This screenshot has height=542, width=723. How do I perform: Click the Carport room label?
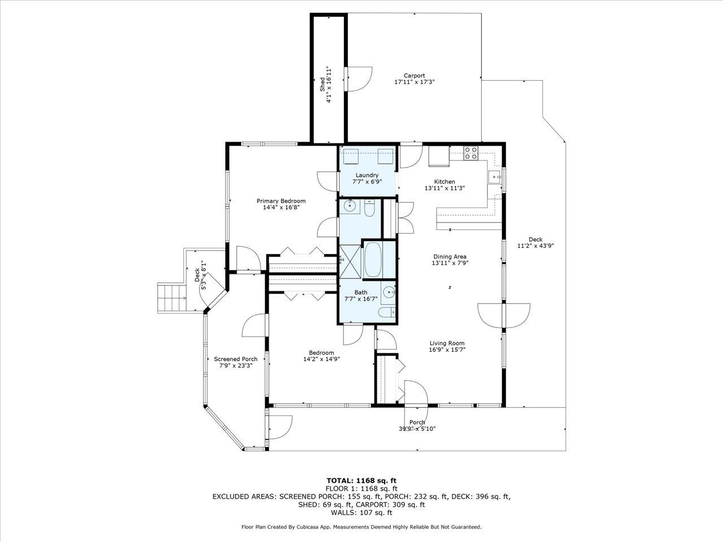pos(414,76)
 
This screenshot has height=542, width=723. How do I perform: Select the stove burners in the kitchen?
pos(471,152)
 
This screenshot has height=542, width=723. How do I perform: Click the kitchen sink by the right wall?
pos(495,177)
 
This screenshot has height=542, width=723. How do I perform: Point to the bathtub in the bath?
pos(372,259)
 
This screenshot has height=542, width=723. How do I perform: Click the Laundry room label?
pos(367,175)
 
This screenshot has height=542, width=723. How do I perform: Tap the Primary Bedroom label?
pos(281,201)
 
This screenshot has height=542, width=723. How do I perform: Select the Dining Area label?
pos(450,256)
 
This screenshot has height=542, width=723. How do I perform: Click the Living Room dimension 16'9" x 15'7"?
pos(447,350)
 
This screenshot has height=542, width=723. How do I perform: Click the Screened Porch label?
pos(236,359)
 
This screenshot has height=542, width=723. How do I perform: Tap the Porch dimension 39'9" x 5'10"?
pos(417,429)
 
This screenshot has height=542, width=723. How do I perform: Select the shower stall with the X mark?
pos(349,260)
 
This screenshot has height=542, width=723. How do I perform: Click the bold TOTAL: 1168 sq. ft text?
pos(361,480)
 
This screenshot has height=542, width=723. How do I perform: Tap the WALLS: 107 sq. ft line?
pos(361,513)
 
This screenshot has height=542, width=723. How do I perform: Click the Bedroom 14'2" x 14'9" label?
pos(321,353)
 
